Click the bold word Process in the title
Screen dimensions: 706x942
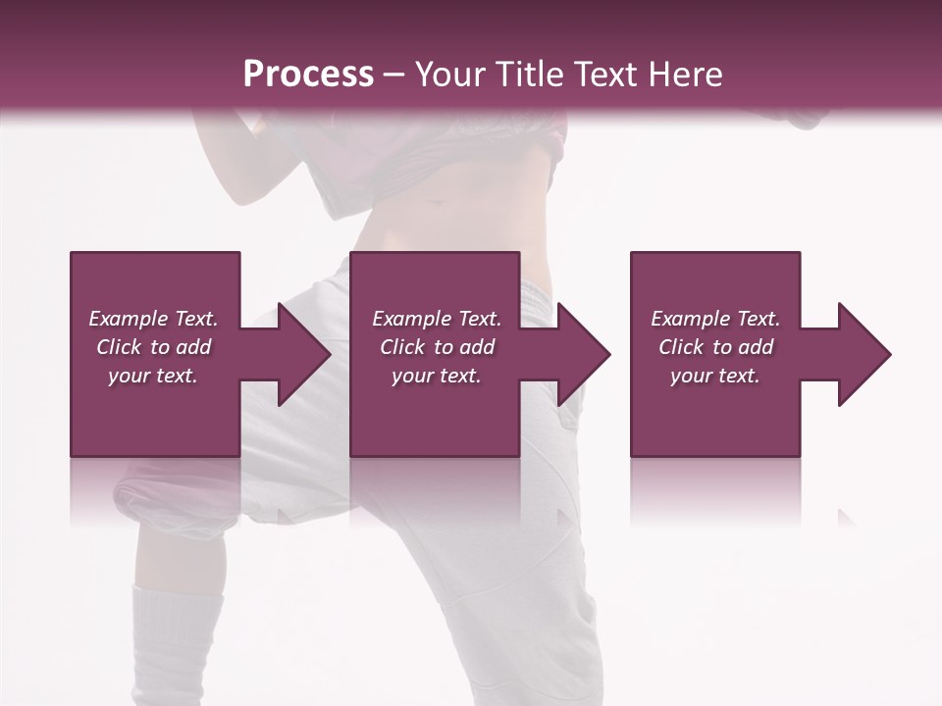tap(308, 74)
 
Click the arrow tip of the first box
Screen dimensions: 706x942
tap(326, 354)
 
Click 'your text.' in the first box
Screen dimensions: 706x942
tap(153, 376)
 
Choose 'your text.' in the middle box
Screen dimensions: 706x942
tap(437, 376)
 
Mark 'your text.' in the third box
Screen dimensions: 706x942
tap(715, 376)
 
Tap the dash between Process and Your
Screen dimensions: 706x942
tap(393, 75)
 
